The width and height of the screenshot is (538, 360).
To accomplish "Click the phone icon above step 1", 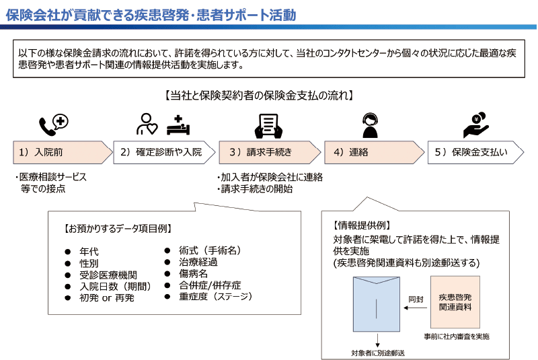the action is point(54,125).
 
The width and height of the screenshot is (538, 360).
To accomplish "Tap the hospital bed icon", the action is point(178,125).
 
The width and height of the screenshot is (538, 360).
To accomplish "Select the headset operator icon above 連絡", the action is point(371,125).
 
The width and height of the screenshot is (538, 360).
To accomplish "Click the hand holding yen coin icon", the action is point(475,125).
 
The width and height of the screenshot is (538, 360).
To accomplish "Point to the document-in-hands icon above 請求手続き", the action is point(268,126).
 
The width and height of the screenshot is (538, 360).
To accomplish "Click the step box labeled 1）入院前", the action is point(63,152).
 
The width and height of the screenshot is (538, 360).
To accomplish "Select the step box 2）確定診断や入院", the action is point(164,152).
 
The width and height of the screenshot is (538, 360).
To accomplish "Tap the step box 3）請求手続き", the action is point(270,152).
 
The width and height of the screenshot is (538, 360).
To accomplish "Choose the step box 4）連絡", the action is point(374,152).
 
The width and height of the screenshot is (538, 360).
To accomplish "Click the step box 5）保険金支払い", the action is point(475,152).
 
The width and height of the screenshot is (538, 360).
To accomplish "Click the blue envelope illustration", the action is point(377,304).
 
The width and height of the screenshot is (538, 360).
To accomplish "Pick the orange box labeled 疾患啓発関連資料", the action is point(455,302).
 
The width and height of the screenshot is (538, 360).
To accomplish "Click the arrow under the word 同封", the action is point(416,308).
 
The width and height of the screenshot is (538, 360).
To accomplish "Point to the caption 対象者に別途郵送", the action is point(377,353).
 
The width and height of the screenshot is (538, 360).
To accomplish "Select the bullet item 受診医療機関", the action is point(108,275).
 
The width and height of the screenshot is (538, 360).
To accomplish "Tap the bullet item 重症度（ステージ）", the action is point(216,296).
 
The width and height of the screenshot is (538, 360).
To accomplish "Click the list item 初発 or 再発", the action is point(107,297).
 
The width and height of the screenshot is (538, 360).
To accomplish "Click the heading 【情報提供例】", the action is point(362,225).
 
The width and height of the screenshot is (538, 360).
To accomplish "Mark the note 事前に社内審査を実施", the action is point(457,336).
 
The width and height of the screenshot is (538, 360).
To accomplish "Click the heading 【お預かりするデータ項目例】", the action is point(118,229).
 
